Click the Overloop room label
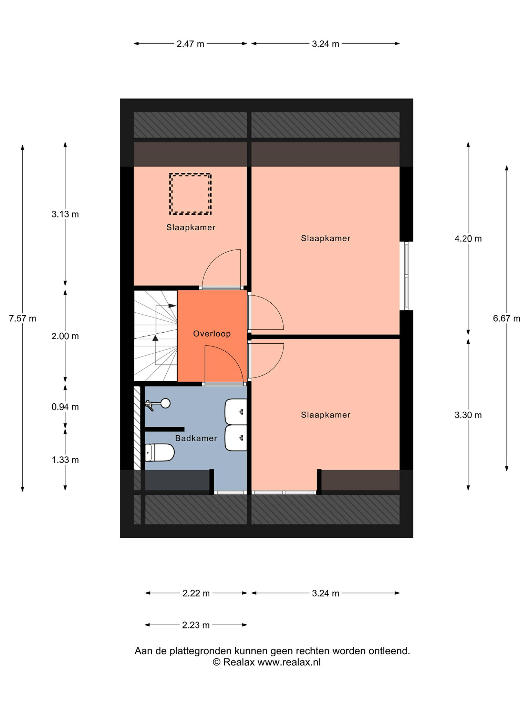click(212, 334)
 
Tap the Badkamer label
click(196, 438)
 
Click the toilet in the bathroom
click(159, 452)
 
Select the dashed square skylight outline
click(190, 194)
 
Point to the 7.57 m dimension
click(23, 319)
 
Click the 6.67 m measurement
click(506, 319)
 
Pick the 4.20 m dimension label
click(468, 239)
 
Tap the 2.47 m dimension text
click(190, 44)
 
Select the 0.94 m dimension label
click(65, 407)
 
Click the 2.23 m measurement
click(196, 625)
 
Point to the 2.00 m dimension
click(65, 336)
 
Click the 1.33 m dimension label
click(65, 460)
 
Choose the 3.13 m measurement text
click(65, 214)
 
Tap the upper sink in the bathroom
click(236, 412)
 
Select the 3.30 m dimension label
click(468, 415)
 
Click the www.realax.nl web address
click(289, 662)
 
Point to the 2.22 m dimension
click(196, 593)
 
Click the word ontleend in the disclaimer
click(389, 651)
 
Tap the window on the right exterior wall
click(406, 276)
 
